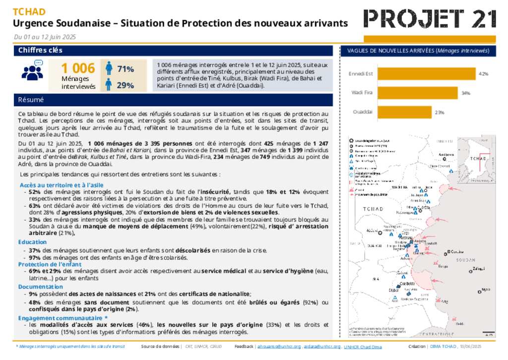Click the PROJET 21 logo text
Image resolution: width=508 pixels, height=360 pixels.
coord(430,19)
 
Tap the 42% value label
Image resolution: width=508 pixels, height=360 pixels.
coord(483,73)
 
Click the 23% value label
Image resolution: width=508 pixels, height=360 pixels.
coord(439,112)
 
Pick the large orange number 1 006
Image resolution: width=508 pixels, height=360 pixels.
coord(78,69)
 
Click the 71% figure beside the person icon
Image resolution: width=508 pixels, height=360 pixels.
coord(126,69)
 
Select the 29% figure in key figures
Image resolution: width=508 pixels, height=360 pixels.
coord(126,85)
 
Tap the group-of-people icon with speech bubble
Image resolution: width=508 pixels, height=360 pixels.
coord(33,71)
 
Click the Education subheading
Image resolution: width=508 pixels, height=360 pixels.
coord(33,242)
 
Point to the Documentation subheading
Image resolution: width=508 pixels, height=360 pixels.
coord(41,287)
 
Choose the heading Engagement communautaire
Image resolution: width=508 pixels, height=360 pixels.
coord(63,317)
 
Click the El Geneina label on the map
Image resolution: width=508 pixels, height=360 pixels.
coord(456,252)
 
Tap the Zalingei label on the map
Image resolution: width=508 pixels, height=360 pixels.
coord(479,269)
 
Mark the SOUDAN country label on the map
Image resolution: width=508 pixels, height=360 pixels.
coord(465,260)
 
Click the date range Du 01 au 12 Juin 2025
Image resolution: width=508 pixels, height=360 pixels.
coord(45,37)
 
